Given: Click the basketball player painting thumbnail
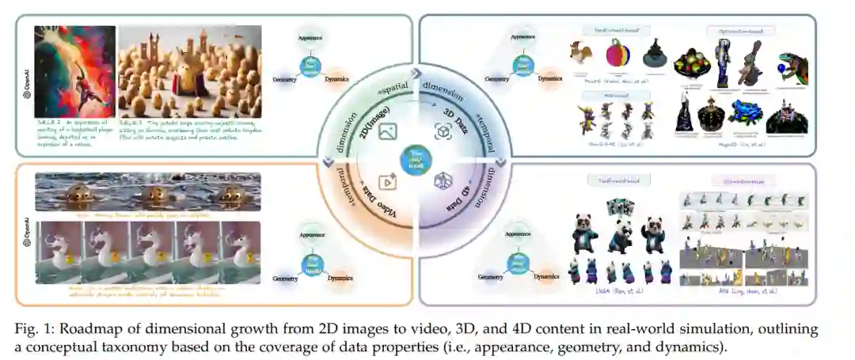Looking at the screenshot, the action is (75, 71).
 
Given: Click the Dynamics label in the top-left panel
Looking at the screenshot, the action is (340, 79).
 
